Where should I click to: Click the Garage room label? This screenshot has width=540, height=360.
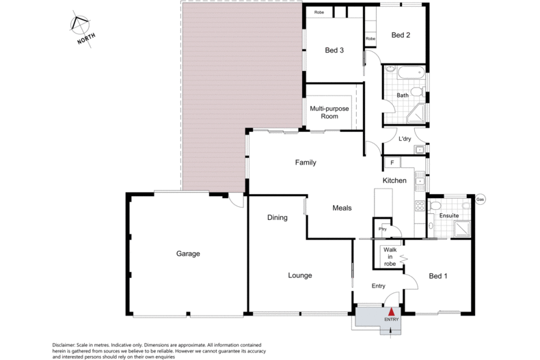pyautogui.click(x=188, y=253)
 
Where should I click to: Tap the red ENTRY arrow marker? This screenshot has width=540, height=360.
pyautogui.click(x=391, y=312)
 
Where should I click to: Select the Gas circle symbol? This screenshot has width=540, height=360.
pyautogui.click(x=480, y=199)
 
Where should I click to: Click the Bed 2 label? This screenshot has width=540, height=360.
pyautogui.click(x=401, y=35)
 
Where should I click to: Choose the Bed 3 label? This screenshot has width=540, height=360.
pyautogui.click(x=334, y=51)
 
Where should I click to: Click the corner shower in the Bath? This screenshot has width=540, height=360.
pyautogui.click(x=416, y=114)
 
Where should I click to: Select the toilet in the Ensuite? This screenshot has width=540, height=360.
pyautogui.click(x=435, y=206)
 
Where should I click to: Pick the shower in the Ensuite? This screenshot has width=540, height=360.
pyautogui.click(x=462, y=230)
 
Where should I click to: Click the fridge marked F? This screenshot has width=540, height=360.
pyautogui.click(x=392, y=163)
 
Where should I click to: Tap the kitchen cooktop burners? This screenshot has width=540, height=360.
pyautogui.click(x=420, y=206)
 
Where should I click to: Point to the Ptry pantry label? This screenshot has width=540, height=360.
pyautogui.click(x=383, y=229)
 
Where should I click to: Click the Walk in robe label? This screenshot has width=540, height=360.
pyautogui.click(x=390, y=257)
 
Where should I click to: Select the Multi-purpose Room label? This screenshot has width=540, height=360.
pyautogui.click(x=329, y=113)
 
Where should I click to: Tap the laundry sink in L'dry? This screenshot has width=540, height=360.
pyautogui.click(x=420, y=150)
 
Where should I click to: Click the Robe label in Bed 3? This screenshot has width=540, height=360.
pyautogui.click(x=319, y=12)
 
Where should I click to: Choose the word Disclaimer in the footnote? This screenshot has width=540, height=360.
pyautogui.click(x=63, y=345)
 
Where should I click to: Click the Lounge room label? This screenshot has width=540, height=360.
pyautogui.click(x=300, y=275)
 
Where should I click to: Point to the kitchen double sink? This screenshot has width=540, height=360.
pyautogui.click(x=420, y=181)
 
